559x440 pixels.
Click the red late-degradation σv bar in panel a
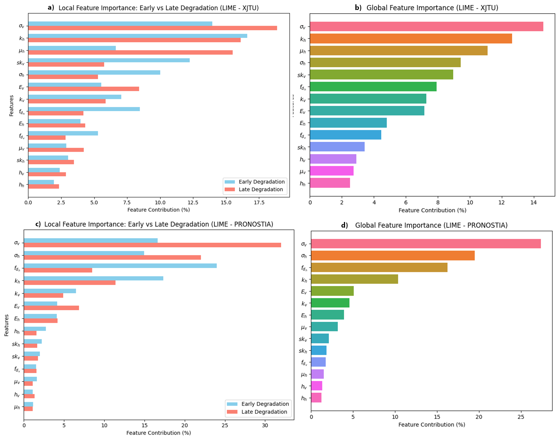[x=152, y=28]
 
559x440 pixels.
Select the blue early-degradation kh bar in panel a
[x=137, y=36]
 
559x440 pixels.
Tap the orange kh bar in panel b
[x=411, y=39]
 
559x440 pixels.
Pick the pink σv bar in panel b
[x=426, y=27]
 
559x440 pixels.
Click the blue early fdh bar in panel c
[x=120, y=266]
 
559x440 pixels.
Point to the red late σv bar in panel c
[x=152, y=245]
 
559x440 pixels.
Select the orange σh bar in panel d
[x=393, y=256]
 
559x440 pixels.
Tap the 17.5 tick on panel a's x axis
[x=259, y=202]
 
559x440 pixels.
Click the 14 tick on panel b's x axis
[x=533, y=202]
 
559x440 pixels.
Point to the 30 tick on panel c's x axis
[x=265, y=425]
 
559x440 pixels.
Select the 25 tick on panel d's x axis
[x=521, y=417]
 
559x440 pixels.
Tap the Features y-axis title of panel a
[x=12, y=106]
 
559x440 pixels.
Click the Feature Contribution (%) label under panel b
[x=432, y=210]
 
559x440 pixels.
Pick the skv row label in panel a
[x=21, y=63]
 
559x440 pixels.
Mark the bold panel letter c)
[x=38, y=224]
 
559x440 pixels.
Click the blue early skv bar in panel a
[x=109, y=60]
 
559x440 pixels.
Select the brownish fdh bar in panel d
[x=379, y=267]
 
